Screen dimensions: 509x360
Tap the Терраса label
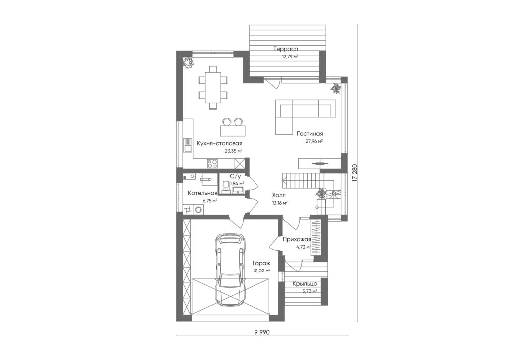[x=286, y=49]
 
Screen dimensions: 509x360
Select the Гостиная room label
[x=309, y=133]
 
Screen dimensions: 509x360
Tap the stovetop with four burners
[x=213, y=163]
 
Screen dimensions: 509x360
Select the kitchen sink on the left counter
[x=187, y=145]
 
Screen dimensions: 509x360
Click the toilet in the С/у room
[x=226, y=186]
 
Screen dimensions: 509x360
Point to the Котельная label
[x=202, y=193]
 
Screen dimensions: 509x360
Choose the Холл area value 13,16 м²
[x=280, y=203]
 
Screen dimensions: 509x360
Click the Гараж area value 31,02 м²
[x=262, y=270]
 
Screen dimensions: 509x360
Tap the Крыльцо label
[x=305, y=284]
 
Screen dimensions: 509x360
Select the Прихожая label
[x=297, y=240]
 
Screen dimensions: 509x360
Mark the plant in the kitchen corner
[x=188, y=63]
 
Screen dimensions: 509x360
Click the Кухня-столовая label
[x=219, y=144]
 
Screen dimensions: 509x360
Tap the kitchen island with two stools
[x=233, y=127]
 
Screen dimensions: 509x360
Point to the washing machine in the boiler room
[x=197, y=210]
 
